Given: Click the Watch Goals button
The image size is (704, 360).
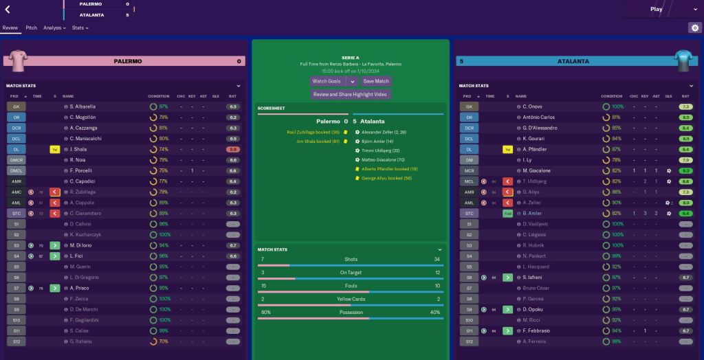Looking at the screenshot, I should tap(327, 81).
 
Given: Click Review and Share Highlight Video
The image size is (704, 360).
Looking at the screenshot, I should tap(351, 94).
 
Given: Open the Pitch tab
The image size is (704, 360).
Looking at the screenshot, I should tap(32, 28).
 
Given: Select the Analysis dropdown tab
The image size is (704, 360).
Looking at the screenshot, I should tap(54, 28).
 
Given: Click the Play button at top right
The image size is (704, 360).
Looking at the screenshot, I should tap(657, 10).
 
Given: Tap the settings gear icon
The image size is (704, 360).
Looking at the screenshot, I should tap(694, 28).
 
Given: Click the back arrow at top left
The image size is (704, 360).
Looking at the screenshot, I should tap(8, 10).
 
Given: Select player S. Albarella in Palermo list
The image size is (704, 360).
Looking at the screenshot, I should tap(82, 107).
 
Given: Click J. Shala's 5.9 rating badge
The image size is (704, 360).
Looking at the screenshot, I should tap(233, 149).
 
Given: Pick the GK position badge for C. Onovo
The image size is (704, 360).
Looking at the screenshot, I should tap(469, 107).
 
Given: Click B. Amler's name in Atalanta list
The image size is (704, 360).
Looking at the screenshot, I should tap(533, 214).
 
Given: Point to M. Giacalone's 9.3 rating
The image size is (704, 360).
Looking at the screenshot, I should tap(685, 170).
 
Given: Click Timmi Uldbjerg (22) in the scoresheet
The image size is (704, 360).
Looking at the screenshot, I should tap(380, 150).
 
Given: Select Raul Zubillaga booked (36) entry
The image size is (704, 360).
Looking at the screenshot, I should tap(313, 131).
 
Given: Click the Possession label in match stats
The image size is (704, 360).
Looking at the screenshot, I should tap(351, 312).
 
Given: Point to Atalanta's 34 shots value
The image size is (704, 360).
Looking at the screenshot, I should tap(437, 259).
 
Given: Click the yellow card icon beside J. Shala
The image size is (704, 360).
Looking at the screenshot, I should tap(54, 149).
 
